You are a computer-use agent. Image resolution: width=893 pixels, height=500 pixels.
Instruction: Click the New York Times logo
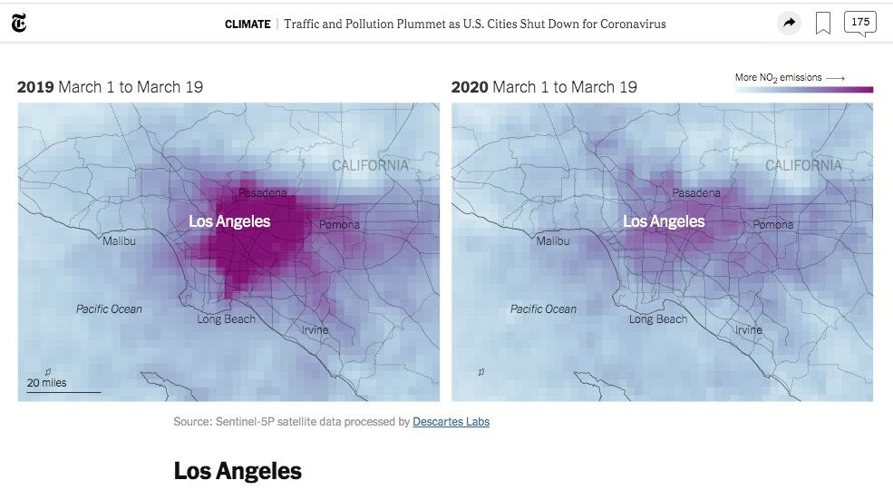(19, 24)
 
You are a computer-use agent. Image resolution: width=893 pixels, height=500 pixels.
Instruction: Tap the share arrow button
(790, 24)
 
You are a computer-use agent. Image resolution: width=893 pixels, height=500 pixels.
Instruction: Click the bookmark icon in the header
(823, 24)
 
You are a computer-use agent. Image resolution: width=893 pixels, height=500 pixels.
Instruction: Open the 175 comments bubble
(859, 23)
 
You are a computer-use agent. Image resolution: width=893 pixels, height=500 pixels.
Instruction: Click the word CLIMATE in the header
(248, 25)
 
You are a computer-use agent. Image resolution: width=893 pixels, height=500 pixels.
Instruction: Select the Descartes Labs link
(451, 421)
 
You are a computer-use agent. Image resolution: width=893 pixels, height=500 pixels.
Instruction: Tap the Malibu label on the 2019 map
(119, 240)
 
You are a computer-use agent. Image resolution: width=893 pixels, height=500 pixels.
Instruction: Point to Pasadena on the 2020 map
(696, 192)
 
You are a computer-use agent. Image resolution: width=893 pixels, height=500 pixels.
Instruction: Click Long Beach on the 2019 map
(227, 319)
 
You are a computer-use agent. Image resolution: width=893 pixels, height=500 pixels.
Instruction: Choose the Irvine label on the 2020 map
(748, 329)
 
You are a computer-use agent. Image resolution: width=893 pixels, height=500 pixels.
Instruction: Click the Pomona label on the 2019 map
(339, 224)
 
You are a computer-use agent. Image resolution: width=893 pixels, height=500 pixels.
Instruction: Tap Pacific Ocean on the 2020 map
(543, 309)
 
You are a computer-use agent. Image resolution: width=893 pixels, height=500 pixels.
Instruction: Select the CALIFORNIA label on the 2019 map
(370, 165)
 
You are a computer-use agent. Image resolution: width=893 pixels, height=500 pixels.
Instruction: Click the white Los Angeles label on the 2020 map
(664, 221)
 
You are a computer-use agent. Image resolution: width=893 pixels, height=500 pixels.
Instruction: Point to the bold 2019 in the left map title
(35, 87)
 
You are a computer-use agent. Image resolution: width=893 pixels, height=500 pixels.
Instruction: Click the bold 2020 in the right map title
(470, 87)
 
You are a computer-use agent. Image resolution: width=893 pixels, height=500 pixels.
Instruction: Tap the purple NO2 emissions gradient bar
(803, 89)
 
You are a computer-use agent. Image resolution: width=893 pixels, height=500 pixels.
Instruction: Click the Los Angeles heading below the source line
(238, 471)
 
